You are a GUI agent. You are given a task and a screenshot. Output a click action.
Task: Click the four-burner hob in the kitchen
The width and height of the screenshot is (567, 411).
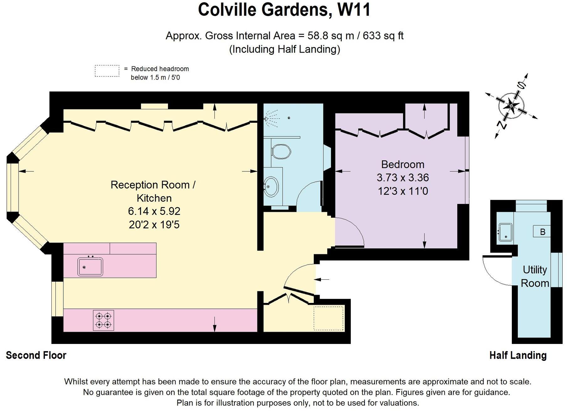point(103,320)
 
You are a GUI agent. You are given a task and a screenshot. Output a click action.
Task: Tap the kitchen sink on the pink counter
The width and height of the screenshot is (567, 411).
point(90,267)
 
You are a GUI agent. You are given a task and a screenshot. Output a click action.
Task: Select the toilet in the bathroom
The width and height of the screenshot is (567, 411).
point(281,152)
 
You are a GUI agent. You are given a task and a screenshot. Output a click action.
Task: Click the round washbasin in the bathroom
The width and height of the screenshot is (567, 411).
point(271,187)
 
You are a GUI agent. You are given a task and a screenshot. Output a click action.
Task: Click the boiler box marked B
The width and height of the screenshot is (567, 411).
point(542,232)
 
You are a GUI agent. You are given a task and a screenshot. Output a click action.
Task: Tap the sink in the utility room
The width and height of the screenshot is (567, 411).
point(505,232)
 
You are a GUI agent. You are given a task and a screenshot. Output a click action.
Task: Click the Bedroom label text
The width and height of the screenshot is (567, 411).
point(402,164)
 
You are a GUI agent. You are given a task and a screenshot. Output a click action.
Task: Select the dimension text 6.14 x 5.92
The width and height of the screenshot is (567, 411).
point(154,211)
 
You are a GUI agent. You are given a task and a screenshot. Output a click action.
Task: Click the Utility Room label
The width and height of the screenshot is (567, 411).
point(535,276)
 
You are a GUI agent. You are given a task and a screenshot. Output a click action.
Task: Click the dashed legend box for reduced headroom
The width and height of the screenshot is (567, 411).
point(107,71)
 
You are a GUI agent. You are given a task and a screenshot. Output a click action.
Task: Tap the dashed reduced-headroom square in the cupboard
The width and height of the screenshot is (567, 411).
point(328,318)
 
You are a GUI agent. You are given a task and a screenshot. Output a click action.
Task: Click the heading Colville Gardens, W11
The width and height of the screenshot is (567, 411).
point(284,9)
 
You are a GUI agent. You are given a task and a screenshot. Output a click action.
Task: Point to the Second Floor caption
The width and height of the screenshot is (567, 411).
point(36,355)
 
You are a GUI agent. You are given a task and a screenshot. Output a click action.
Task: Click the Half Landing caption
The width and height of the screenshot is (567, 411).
point(518,355)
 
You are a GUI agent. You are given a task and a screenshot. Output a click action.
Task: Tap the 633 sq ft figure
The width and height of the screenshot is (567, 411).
point(383,36)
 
